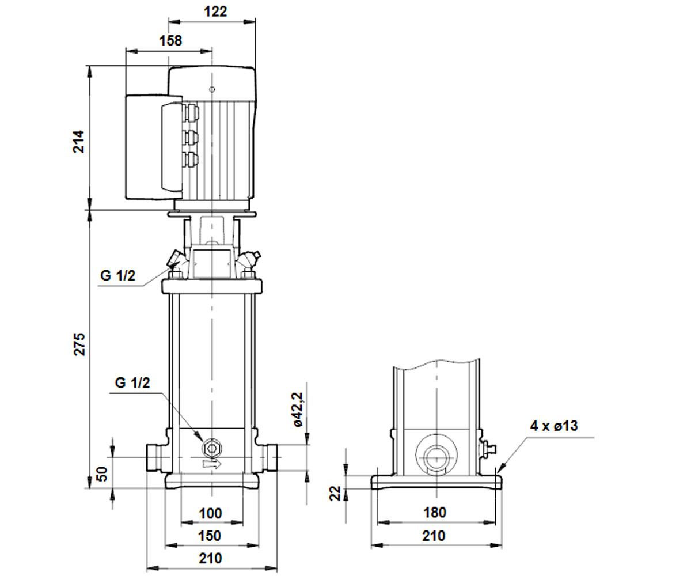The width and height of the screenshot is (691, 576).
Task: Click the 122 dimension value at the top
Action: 215,12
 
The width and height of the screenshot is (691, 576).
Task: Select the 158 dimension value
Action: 170,41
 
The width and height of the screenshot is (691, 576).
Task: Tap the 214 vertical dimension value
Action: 79,142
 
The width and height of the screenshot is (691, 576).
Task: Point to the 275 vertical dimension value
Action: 79,344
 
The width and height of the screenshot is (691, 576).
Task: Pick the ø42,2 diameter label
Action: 298,409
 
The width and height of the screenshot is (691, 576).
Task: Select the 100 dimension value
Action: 210,513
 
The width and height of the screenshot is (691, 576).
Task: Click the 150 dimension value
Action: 210,536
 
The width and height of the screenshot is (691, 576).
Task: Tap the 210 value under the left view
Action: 210,558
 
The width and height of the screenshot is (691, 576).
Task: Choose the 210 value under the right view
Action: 434,536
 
